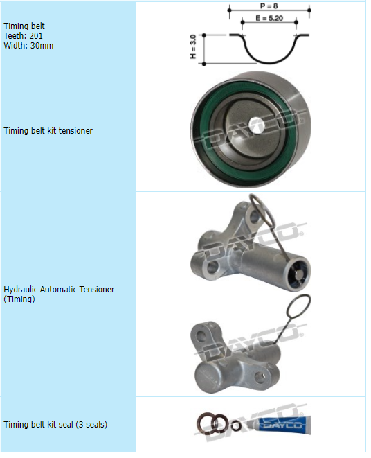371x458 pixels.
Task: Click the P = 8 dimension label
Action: point(269,6)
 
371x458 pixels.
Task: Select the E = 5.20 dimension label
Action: point(269,18)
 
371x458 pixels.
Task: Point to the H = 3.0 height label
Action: point(193,46)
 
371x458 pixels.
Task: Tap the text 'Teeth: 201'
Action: point(23,36)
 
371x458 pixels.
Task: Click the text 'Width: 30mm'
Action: point(28,46)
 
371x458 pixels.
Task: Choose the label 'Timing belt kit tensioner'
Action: point(48,130)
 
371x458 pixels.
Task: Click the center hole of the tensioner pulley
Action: point(257,125)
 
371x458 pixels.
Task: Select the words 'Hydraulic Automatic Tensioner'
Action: point(59,289)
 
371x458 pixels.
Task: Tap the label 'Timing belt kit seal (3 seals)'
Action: point(55,425)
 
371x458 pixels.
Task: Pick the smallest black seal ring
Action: point(237,427)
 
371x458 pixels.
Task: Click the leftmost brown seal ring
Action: point(206,423)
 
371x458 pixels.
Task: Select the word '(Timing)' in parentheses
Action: point(19,299)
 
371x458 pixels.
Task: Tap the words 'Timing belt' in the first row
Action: point(24,26)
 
